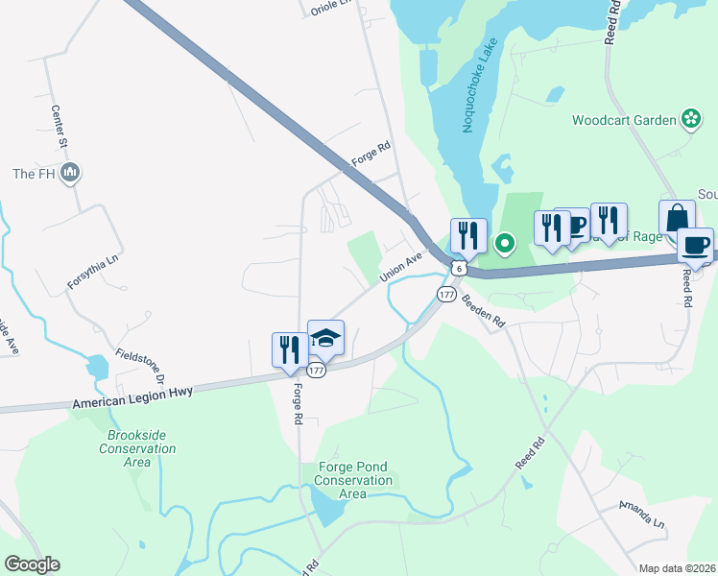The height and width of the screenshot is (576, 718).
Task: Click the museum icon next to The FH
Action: tap(69, 174)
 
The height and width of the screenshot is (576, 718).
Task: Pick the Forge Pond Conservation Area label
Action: tap(353, 480)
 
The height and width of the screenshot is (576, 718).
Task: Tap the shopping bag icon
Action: tap(677, 218)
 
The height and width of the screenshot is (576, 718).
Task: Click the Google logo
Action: tap(32, 564)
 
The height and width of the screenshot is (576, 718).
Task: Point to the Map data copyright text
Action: tap(676, 568)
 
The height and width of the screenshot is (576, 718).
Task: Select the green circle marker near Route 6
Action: tap(505, 245)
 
